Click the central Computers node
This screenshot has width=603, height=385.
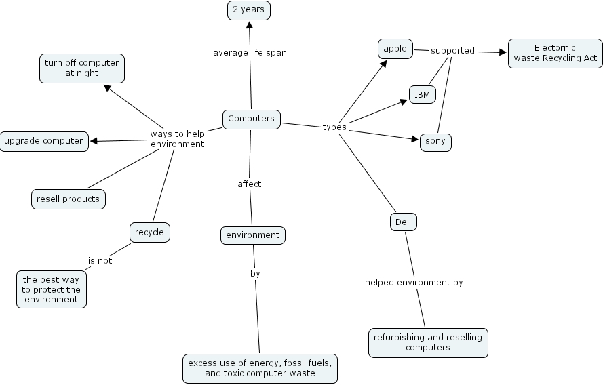tap(251, 119)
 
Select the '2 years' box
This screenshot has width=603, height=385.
tap(248, 9)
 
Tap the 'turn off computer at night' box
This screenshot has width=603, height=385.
tap(81, 68)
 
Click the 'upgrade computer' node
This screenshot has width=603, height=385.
tap(43, 141)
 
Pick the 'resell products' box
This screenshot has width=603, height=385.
tap(69, 199)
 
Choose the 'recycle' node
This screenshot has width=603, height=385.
tap(149, 232)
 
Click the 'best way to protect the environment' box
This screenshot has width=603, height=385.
tap(52, 289)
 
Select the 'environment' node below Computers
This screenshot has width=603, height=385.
tap(252, 235)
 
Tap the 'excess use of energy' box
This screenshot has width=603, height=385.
tap(260, 368)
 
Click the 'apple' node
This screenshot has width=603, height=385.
tap(395, 48)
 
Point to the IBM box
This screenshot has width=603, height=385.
tap(422, 94)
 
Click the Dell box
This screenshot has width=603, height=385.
tap(403, 221)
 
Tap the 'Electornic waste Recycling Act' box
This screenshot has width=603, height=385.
tap(555, 53)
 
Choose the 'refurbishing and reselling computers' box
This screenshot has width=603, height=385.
tap(428, 342)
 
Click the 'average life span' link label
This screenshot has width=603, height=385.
tap(250, 52)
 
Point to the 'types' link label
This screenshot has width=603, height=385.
tap(334, 127)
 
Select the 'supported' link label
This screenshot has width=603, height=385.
tap(452, 50)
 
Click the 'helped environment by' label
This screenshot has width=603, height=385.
tap(414, 282)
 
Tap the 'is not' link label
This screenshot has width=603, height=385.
tap(100, 260)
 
